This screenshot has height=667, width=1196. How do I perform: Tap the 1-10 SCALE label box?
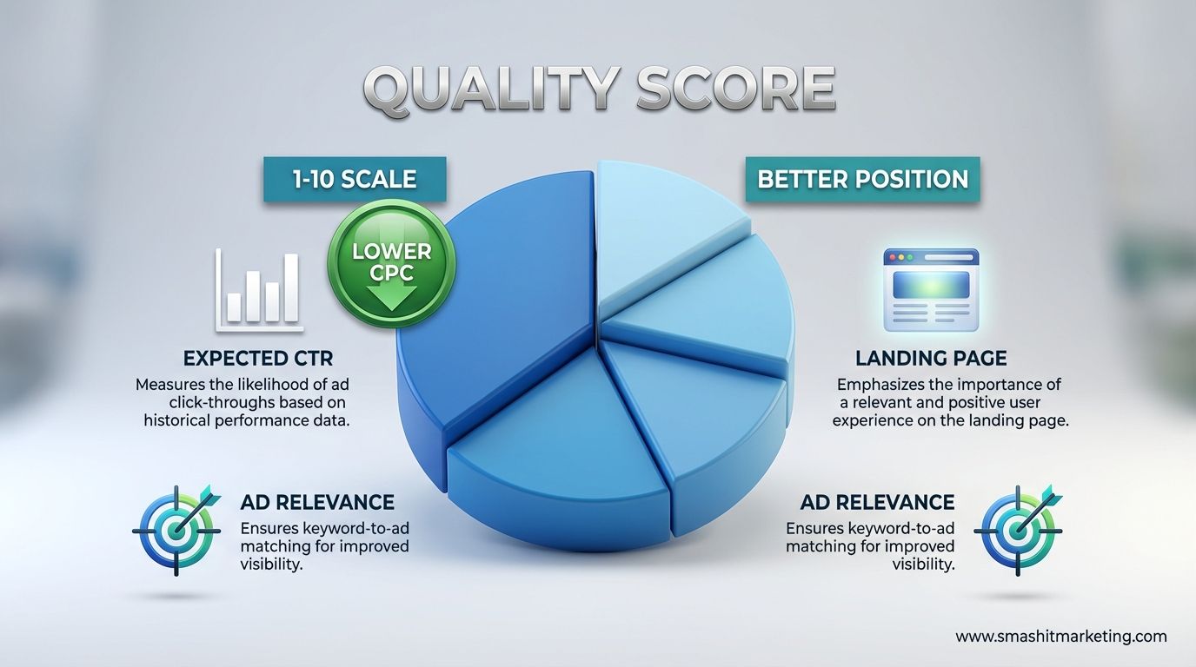point(354,180)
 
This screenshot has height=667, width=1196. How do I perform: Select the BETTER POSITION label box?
point(862,180)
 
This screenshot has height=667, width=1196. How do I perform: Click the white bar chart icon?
point(259,290)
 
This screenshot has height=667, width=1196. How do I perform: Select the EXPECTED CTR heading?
point(258,359)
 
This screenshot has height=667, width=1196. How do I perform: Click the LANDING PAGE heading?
point(931,359)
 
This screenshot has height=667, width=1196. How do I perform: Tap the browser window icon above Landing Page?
point(931,289)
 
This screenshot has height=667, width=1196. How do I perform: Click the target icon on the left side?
point(176,529)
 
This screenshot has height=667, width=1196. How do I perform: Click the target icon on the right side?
point(1018,529)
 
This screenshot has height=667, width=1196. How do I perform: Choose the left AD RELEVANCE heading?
point(316,502)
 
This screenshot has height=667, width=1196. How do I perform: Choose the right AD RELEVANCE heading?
point(877,502)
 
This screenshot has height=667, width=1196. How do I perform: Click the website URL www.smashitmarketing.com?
point(1060,637)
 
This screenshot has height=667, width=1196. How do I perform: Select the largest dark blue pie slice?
point(487,295)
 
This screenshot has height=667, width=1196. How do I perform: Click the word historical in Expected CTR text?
point(180,420)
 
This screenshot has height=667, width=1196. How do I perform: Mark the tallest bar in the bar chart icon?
point(290,287)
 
